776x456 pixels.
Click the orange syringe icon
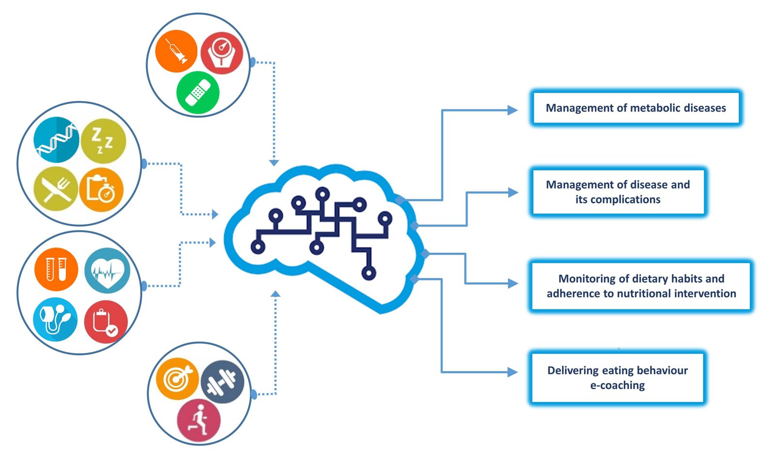coord(176,51)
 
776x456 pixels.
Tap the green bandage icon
coord(198,92)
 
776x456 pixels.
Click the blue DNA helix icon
coord(56,139)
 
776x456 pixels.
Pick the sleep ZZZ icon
coord(103,141)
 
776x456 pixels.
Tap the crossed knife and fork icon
coord(56,189)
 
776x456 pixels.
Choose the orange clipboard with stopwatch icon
coord(101,190)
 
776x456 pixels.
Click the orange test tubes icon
coord(56,270)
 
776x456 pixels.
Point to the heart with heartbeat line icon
coord(107,271)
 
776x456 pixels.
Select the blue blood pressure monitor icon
coord(55,319)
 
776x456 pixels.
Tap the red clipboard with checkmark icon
coord(106,322)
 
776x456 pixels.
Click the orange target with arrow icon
coord(178,379)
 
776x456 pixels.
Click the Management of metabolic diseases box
coord(635,108)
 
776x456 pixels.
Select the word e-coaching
coord(617,385)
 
